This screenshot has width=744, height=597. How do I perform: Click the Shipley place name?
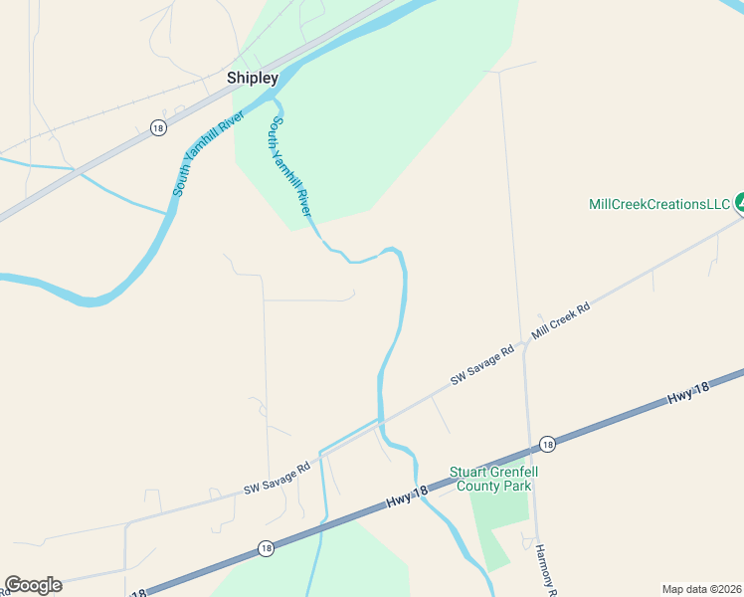pos(253,78)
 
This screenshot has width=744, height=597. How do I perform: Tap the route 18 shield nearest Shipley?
pos(158,127)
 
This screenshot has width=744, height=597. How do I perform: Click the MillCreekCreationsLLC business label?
pos(659,204)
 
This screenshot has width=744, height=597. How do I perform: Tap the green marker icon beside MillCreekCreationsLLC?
pos(739,204)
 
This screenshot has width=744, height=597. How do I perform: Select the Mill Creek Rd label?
pos(561,323)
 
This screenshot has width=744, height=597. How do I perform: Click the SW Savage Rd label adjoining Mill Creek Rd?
pos(482,364)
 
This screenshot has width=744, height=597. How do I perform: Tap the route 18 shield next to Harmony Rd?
pos(547,444)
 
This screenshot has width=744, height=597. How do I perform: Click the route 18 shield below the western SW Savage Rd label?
pos(265,548)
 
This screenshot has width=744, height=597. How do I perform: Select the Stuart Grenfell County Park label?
pos(490,479)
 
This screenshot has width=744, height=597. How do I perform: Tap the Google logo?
pos(33,585)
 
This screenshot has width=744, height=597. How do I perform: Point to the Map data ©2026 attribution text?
pos(701,589)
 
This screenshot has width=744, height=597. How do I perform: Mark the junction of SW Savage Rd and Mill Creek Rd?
pos(524,344)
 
